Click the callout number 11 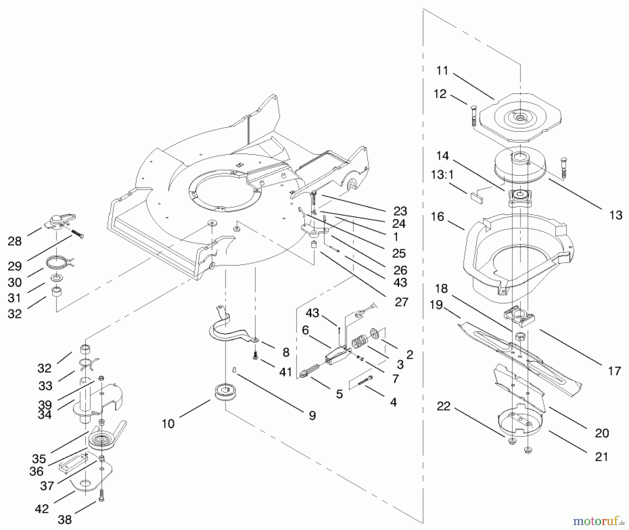pyautogui.click(x=442, y=71)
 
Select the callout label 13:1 pyautogui.click(x=442, y=175)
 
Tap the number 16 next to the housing pyautogui.click(x=437, y=217)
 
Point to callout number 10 pyautogui.click(x=168, y=424)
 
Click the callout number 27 pyautogui.click(x=402, y=302)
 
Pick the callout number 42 pyautogui.click(x=42, y=509)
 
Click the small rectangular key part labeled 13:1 pyautogui.click(x=476, y=199)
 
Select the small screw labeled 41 pyautogui.click(x=255, y=357)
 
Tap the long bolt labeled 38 pyautogui.click(x=102, y=495)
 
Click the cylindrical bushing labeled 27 pyautogui.click(x=314, y=244)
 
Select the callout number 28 pyautogui.click(x=15, y=241)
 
